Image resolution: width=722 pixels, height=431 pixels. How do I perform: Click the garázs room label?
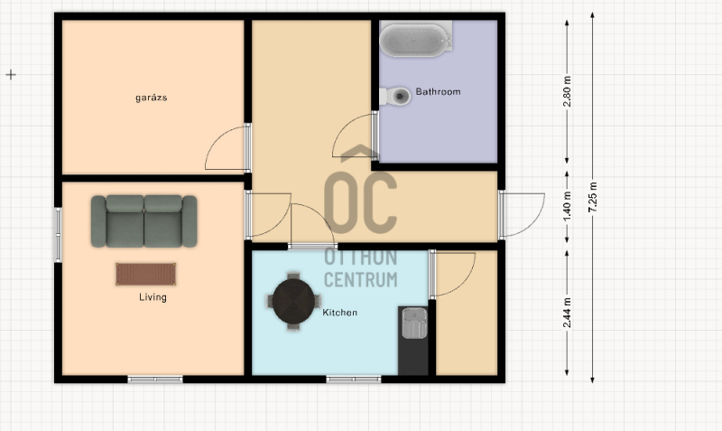(x=151, y=98)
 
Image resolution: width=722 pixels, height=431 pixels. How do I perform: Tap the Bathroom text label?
(x=438, y=92)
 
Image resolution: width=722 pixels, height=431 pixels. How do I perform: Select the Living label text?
(x=153, y=297)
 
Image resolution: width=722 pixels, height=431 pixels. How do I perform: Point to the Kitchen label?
(x=340, y=313)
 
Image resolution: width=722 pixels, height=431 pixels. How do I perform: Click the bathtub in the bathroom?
(x=415, y=40)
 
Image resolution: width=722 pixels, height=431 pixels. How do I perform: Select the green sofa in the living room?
(x=144, y=221)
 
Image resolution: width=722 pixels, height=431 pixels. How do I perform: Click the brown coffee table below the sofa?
(x=145, y=275)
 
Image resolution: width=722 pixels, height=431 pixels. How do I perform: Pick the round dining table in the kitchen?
(x=293, y=301)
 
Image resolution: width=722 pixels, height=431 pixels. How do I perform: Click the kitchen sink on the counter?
(x=414, y=323)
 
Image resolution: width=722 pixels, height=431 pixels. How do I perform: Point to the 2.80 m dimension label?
(x=567, y=91)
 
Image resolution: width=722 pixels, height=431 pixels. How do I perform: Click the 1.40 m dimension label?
(x=567, y=206)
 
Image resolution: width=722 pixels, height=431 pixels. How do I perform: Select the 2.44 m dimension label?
(x=567, y=313)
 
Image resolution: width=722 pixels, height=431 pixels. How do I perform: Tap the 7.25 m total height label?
(x=593, y=197)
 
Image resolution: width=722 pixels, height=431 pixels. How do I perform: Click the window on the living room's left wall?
(x=59, y=235)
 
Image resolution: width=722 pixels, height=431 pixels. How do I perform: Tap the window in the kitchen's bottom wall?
(x=354, y=379)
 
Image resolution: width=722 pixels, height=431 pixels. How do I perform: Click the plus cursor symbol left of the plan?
(x=11, y=74)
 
